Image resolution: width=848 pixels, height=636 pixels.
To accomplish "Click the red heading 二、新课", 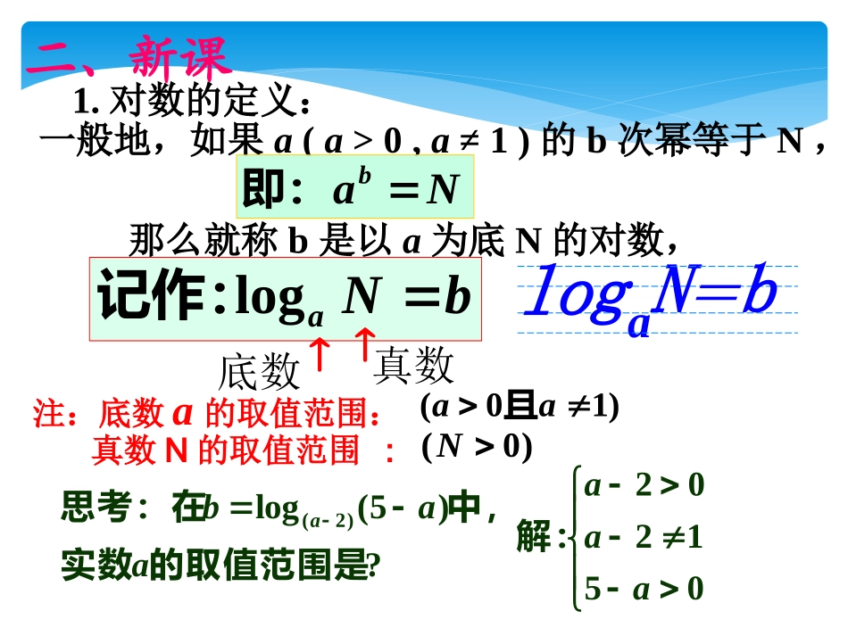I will point(129,58).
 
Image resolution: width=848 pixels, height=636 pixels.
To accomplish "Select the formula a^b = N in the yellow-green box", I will point(395,189).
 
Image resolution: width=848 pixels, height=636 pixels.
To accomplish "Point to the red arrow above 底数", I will point(320,353).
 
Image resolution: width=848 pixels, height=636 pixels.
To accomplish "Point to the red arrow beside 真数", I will point(363,344).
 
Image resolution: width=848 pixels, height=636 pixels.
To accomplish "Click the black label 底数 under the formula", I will point(259,370).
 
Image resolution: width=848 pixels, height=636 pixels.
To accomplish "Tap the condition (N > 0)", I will point(477,445).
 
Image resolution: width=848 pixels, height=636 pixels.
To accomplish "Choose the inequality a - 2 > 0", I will point(643,485).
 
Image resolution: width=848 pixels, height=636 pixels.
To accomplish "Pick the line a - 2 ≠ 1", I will point(643,537).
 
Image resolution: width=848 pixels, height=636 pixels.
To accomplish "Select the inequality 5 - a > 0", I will point(643,589).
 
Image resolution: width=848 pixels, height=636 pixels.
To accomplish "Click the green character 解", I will point(534,538).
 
